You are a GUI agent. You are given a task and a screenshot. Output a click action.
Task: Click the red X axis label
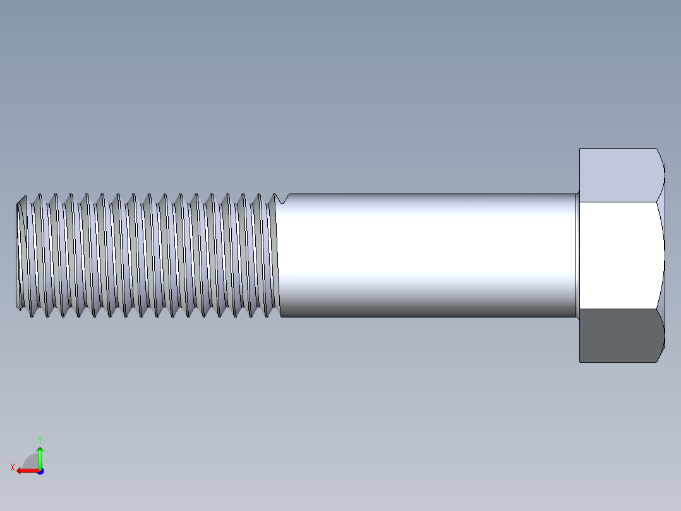point(13,467)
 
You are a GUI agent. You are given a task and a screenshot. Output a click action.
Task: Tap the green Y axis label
point(39,438)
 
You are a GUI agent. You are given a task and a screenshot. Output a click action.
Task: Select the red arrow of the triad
point(25,471)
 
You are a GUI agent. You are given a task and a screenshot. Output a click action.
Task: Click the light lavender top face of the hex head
point(619,175)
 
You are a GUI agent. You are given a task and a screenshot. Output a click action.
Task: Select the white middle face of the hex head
point(619,255)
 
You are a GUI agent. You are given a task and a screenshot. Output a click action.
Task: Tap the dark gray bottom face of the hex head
point(619,336)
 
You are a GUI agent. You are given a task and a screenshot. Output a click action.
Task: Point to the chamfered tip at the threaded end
point(20,255)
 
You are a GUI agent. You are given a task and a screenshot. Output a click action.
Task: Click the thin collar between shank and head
point(577,255)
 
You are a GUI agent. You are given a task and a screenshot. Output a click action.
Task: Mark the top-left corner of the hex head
point(581,149)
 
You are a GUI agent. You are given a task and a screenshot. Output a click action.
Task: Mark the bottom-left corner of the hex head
point(581,362)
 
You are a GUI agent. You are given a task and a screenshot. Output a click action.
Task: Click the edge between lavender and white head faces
point(619,202)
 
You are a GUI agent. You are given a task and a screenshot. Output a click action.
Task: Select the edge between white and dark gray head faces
point(619,309)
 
